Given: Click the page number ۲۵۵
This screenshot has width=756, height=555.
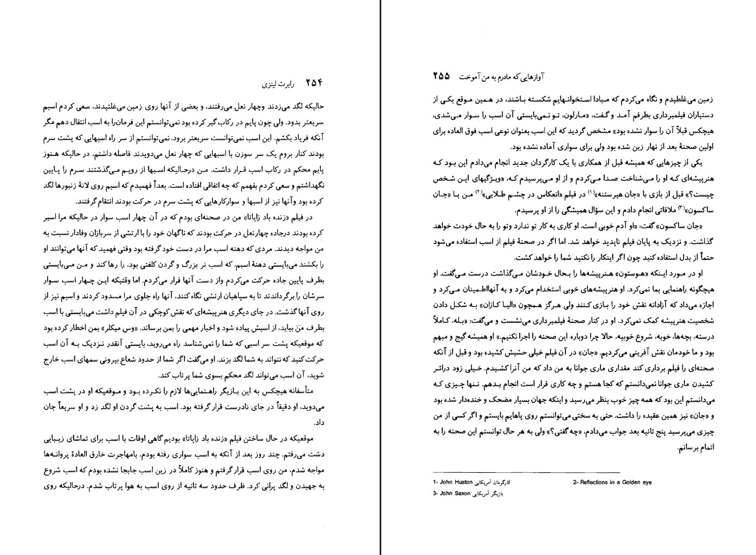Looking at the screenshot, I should tap(441, 77).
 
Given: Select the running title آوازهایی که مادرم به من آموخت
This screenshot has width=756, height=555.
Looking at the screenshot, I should tap(502, 77).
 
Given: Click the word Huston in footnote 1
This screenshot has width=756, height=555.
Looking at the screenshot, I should tap(462, 482).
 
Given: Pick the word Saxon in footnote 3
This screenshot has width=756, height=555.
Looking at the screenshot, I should tap(462, 493).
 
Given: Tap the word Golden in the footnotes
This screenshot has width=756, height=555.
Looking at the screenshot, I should tap(634, 482).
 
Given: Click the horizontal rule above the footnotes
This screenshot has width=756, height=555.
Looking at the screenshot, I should tap(526, 472).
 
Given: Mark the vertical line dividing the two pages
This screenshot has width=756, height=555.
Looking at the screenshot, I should tap(380, 277).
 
